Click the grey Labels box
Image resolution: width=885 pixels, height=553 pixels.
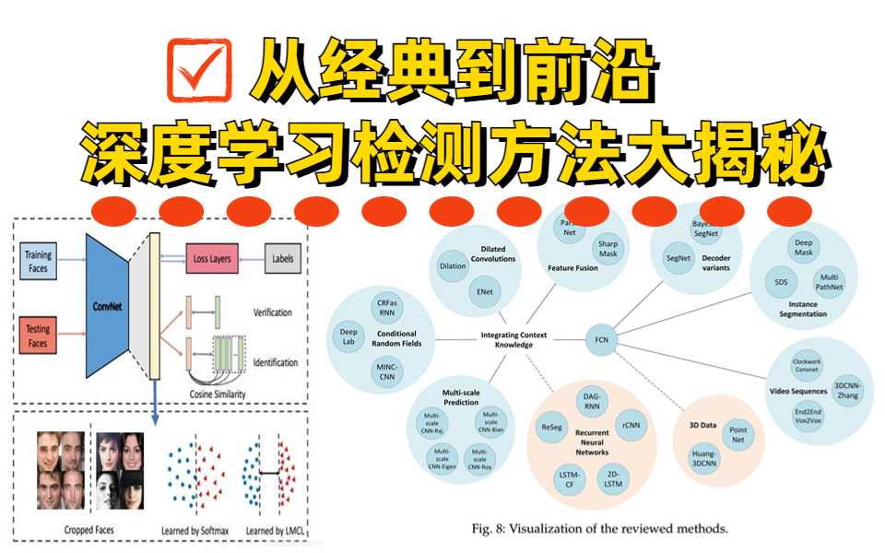coord(283,259)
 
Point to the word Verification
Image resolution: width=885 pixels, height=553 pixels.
coord(273,312)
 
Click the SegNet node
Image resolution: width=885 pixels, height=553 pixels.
coord(678,258)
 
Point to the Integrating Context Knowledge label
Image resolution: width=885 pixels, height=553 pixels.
coord(506,338)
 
